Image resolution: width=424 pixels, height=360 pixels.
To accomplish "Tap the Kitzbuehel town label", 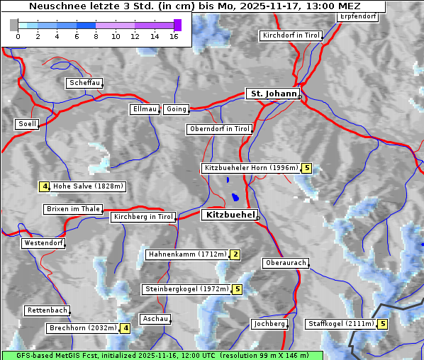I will pyautogui.click(x=229, y=215).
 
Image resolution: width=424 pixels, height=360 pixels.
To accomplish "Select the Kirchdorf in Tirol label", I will pyautogui.click(x=291, y=35).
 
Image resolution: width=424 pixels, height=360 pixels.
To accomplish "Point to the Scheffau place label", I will pyautogui.click(x=84, y=83).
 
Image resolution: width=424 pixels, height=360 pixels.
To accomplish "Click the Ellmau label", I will pyautogui.click(x=145, y=109).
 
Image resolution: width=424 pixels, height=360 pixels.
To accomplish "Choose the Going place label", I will pyautogui.click(x=176, y=109).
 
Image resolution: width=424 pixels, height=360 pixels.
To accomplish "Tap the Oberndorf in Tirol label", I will pyautogui.click(x=220, y=129).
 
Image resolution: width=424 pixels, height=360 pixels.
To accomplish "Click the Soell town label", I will pyautogui.click(x=27, y=124).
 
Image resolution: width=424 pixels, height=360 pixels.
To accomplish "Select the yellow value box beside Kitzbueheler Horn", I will pyautogui.click(x=306, y=168).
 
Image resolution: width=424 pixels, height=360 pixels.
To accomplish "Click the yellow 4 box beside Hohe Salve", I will pyautogui.click(x=44, y=186).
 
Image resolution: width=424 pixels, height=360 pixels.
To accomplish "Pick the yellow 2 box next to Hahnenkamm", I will pyautogui.click(x=235, y=254).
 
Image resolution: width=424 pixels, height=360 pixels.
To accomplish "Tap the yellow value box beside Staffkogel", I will pyautogui.click(x=383, y=324).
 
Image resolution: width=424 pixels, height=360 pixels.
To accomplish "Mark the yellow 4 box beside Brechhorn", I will pyautogui.click(x=125, y=328).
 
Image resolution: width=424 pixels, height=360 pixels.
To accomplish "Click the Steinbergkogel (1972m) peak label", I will pyautogui.click(x=186, y=289).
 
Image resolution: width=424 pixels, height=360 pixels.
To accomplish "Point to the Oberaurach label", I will pyautogui.click(x=285, y=263).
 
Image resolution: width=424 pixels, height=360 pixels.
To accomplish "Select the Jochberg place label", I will pyautogui.click(x=269, y=324).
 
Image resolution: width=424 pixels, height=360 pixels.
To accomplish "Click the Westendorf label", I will pyautogui.click(x=43, y=243).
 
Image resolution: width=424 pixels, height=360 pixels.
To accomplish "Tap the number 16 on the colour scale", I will pyautogui.click(x=174, y=36).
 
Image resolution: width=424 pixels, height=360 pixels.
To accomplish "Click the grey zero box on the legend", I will pyautogui.click(x=14, y=25).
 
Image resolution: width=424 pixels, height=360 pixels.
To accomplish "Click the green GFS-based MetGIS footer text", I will pyautogui.click(x=162, y=355).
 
